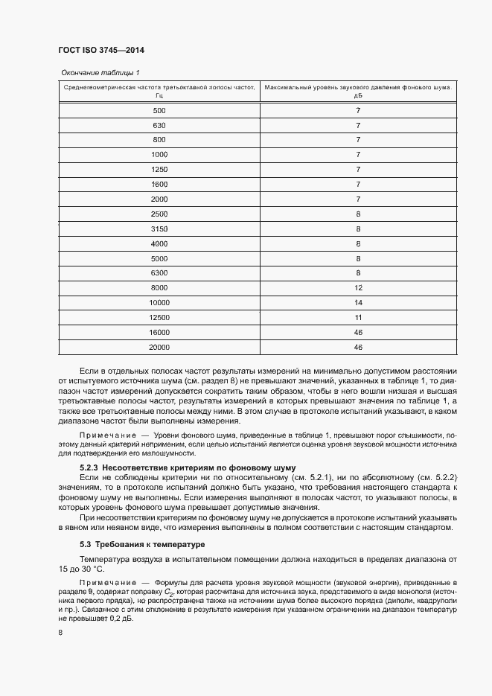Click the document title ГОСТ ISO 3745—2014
100,51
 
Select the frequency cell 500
159,110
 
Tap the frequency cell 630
159,125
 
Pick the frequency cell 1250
159,169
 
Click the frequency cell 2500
159,214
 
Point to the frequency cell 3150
159,229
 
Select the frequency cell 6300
159,273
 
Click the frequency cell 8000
159,287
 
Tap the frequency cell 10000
159,302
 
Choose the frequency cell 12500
159,317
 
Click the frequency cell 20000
159,347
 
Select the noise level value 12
358,287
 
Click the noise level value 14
358,302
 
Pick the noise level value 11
358,317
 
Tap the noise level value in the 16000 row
358,332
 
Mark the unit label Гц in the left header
159,95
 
